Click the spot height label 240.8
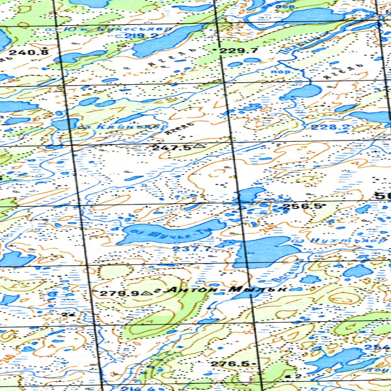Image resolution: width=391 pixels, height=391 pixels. coord(29,52)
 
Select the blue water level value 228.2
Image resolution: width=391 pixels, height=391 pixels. coord(325,127)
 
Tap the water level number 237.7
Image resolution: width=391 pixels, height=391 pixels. coord(186,249)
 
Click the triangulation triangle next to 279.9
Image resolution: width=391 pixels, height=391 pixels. coord(145,293)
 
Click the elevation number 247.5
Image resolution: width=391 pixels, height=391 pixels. coord(172,147)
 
